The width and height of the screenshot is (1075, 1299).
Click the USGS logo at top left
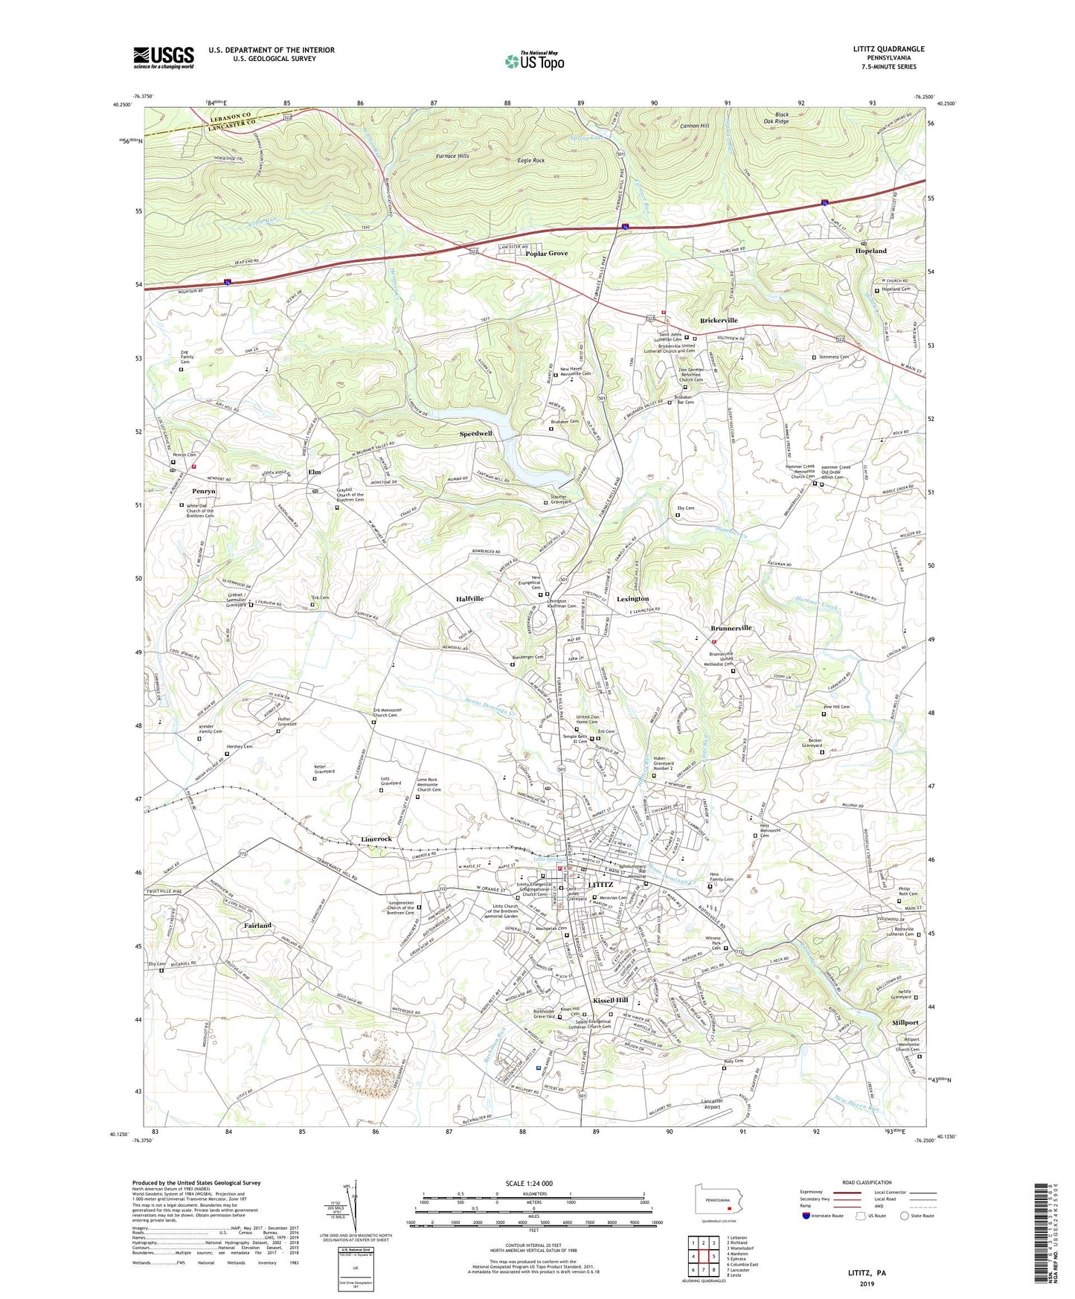click(x=164, y=57)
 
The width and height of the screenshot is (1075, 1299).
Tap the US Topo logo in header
click(x=534, y=61)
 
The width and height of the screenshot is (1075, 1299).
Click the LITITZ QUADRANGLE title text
click(x=888, y=49)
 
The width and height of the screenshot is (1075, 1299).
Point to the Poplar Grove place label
click(x=546, y=254)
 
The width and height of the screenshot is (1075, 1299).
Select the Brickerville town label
click(x=719, y=321)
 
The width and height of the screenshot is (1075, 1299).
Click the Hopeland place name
click(x=870, y=251)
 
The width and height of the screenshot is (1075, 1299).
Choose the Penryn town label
click(x=203, y=492)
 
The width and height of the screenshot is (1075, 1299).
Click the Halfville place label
click(x=469, y=599)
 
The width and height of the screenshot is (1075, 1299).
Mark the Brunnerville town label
click(x=731, y=628)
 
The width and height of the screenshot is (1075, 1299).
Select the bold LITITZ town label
click(x=600, y=885)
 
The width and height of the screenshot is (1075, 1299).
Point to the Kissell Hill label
click(x=611, y=1001)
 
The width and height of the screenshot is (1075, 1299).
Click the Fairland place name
click(x=257, y=926)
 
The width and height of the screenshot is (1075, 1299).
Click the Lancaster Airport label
click(x=712, y=1104)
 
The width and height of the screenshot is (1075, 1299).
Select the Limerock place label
click(x=376, y=839)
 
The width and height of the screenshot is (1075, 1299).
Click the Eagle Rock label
click(x=531, y=161)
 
